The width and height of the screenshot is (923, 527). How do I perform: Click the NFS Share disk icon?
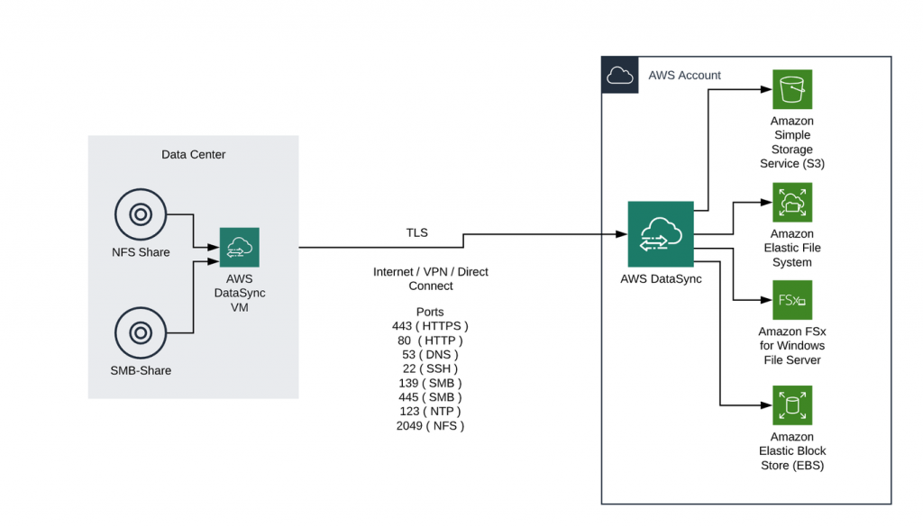(140, 214)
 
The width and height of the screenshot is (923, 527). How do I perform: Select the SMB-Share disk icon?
(140, 333)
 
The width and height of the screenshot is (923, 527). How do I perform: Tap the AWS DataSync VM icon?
(239, 248)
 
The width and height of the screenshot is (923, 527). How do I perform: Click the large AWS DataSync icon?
(661, 234)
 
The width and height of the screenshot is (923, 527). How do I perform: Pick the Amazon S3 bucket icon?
(792, 89)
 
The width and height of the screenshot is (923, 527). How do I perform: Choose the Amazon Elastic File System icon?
(792, 203)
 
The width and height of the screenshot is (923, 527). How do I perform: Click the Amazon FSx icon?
(792, 300)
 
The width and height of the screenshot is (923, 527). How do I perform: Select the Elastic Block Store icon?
(792, 405)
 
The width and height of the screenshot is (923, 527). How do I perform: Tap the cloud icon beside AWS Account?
(619, 76)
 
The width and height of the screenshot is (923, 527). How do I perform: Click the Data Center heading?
(193, 155)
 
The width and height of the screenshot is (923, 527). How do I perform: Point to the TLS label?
(416, 233)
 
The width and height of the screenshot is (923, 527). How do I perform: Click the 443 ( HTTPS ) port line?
(431, 325)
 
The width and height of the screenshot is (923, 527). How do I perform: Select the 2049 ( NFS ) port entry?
(431, 426)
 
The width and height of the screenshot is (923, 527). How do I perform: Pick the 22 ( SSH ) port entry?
(431, 368)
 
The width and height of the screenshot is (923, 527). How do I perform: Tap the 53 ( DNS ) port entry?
(431, 354)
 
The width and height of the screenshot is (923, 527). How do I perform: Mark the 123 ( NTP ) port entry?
(431, 412)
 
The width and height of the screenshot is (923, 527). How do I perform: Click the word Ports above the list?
(431, 310)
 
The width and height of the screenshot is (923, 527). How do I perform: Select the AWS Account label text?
(684, 76)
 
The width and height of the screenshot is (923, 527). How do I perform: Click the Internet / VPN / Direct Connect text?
(431, 278)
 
